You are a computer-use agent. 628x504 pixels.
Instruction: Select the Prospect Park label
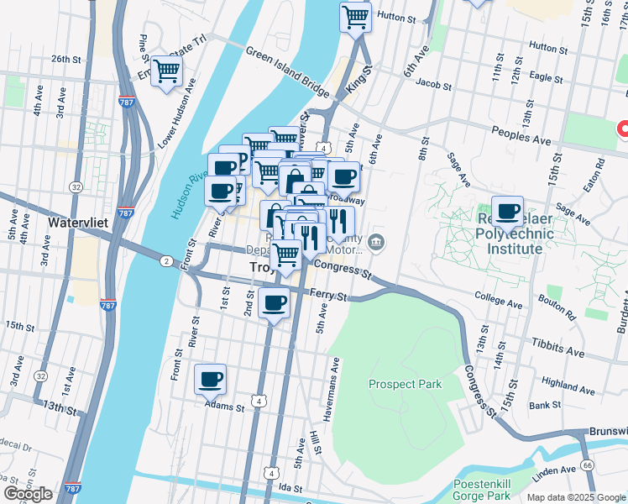coord(405,384)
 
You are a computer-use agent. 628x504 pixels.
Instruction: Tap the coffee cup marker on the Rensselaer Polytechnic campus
coord(506,211)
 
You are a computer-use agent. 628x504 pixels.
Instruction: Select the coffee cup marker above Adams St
coord(210,378)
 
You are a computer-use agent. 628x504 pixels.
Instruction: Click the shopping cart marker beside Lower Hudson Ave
coord(166,71)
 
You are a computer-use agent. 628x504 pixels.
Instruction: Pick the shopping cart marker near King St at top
coord(355,16)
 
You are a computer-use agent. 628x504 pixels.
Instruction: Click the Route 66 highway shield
coord(586,465)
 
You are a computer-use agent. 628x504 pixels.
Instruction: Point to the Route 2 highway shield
coord(166,261)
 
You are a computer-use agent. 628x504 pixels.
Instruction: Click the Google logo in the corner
coord(29,494)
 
